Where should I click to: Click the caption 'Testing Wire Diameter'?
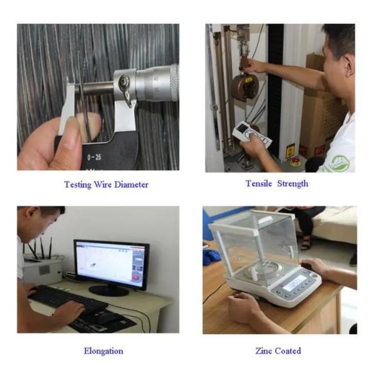click(x=106, y=184)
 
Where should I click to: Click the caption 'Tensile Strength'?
click(x=277, y=184)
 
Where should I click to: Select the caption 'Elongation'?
click(x=103, y=351)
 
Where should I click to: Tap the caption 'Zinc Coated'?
click(x=277, y=351)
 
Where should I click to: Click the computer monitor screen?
click(x=110, y=263)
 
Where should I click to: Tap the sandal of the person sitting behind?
click(x=306, y=243)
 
